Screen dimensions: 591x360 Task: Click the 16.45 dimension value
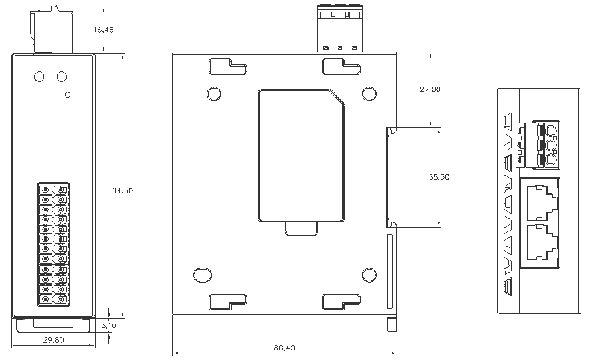point(104,30)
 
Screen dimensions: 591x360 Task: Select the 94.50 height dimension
point(123,190)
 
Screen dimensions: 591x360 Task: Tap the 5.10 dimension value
point(109,325)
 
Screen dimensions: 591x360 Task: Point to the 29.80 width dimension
point(53,340)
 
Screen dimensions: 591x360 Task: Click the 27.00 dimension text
point(430,89)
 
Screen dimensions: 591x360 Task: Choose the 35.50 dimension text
point(439,177)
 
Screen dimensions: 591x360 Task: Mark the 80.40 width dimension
point(284,348)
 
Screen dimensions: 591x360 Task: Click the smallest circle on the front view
point(68,94)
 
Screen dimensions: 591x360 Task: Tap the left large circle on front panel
point(39,77)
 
